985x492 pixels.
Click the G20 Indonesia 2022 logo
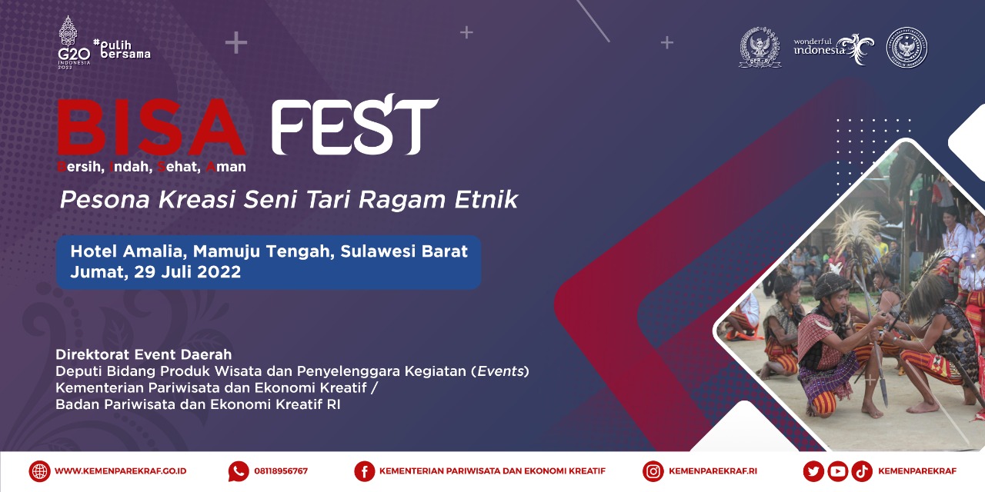(74, 42)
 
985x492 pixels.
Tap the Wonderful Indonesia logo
(833, 48)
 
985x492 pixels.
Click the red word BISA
(151, 128)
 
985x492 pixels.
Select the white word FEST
(355, 125)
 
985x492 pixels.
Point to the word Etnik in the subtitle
(486, 199)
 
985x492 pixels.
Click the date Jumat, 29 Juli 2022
(155, 272)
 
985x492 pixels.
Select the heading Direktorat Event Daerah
(143, 354)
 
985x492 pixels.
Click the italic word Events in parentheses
(500, 371)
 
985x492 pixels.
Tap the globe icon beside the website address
(39, 471)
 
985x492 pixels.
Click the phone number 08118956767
(281, 471)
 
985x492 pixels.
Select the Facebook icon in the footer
(365, 471)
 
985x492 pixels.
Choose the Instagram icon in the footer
(653, 471)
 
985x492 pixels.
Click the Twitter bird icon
(813, 471)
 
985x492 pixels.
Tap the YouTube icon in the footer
(838, 471)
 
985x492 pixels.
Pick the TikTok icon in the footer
(862, 471)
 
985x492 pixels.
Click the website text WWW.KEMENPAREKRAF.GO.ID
(121, 471)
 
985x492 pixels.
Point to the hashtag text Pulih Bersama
(122, 48)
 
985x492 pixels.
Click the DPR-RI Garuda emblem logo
(760, 48)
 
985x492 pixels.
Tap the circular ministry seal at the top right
(907, 48)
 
